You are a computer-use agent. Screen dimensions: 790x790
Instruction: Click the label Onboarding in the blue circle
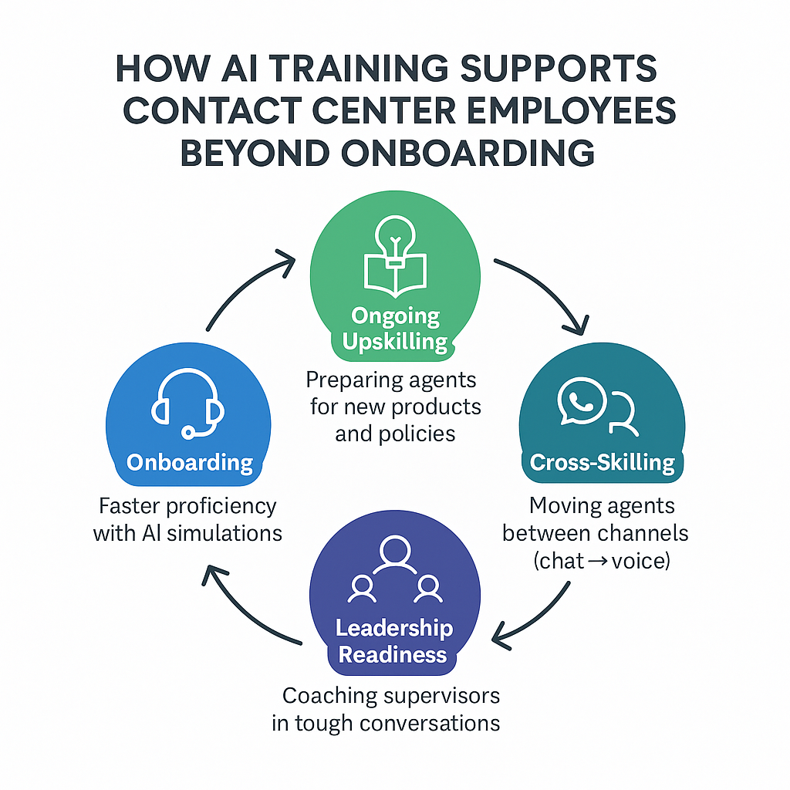tap(190, 462)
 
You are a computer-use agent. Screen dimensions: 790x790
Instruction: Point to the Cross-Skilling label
tap(602, 462)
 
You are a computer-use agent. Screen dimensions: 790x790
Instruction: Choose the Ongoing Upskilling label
tap(395, 329)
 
